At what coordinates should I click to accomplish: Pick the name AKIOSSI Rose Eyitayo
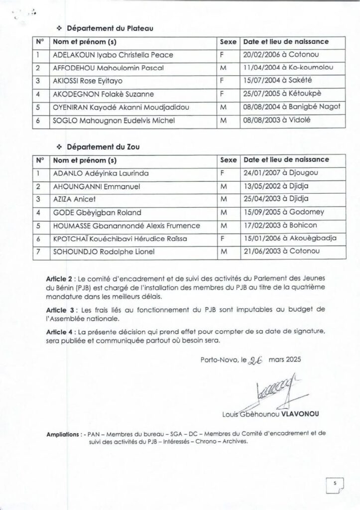point(88,80)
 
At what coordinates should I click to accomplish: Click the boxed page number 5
point(335,484)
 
